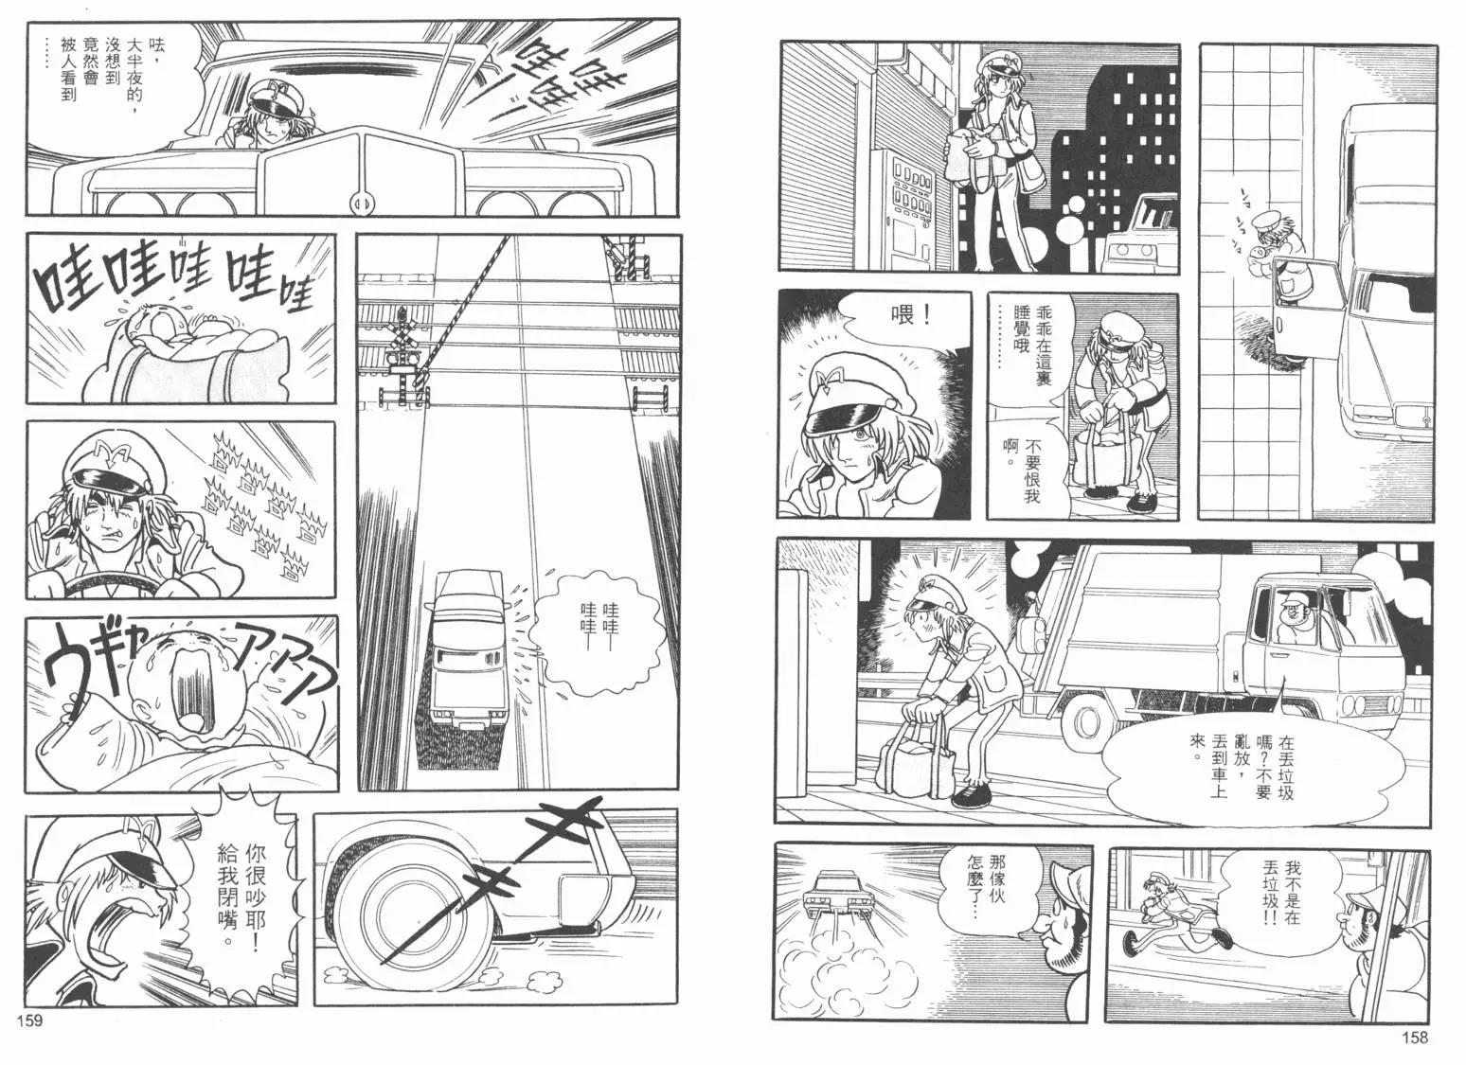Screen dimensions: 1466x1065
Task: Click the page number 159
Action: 30,1020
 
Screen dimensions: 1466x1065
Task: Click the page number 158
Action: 1415,1037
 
